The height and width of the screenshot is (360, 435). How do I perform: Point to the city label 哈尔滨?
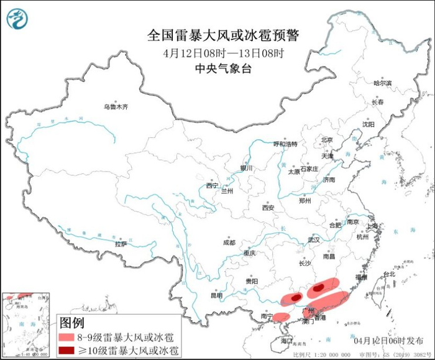[x=382, y=83]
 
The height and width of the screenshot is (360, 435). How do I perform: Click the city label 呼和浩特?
[x=286, y=144]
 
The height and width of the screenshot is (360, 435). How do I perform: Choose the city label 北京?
[x=327, y=140]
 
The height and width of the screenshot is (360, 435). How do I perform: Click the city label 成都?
[x=229, y=242]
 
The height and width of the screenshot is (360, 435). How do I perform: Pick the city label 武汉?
[x=313, y=240]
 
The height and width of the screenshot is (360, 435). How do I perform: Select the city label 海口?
[x=286, y=341]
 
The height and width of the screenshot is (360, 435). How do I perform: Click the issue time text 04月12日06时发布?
[x=389, y=340]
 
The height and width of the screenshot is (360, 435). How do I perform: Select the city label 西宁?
[x=213, y=185]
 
